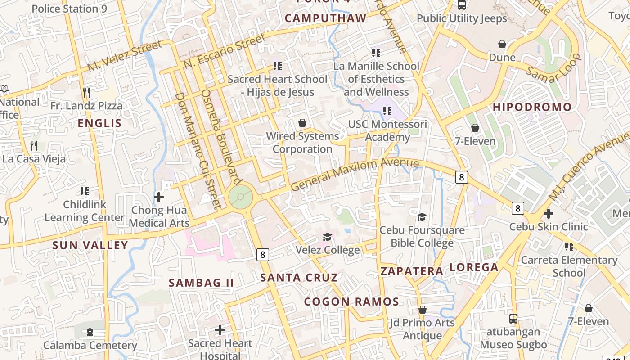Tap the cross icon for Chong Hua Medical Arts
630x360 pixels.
[x=159, y=197]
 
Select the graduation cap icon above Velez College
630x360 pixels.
[x=328, y=237]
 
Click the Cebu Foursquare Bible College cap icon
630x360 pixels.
[x=422, y=217]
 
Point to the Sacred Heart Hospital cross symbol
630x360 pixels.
[x=220, y=330]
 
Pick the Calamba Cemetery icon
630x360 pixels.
[x=90, y=333]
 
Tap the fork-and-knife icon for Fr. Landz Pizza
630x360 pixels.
[x=86, y=93]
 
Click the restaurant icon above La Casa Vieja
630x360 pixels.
[x=34, y=146]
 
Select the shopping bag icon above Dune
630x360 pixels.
[x=502, y=44]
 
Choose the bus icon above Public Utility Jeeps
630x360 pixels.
[x=462, y=5]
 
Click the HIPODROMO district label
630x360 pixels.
[x=532, y=107]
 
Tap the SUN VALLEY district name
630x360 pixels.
[x=90, y=245]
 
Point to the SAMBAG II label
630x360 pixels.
[x=201, y=283]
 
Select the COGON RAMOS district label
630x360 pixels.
[x=351, y=301]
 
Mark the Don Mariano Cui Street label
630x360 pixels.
[x=198, y=151]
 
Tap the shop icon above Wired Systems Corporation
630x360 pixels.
[x=302, y=123]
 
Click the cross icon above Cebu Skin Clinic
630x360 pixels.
[x=549, y=214]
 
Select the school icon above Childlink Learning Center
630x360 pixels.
[x=85, y=191]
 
